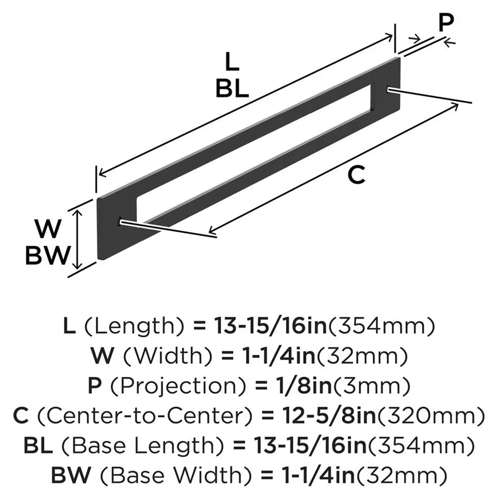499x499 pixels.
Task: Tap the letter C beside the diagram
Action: click(x=357, y=176)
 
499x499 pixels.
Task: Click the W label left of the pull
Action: click(x=48, y=230)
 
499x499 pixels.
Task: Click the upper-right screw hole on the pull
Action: click(x=389, y=89)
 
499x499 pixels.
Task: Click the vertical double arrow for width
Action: click(x=77, y=239)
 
